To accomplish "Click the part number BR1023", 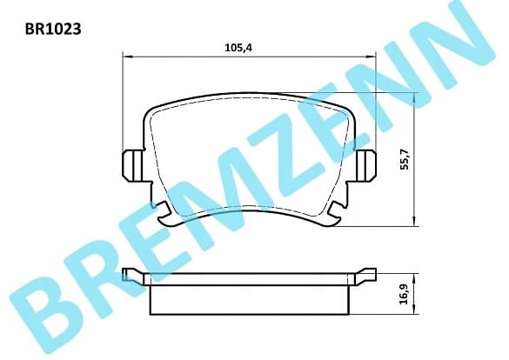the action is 53,30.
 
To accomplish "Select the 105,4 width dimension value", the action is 238,48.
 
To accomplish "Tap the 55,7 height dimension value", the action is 405,158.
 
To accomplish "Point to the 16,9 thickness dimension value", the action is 404,294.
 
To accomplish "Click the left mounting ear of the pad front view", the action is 133,165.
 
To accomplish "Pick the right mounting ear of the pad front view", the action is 365,165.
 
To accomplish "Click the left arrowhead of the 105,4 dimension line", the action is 128,57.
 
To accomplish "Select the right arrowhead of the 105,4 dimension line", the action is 371,57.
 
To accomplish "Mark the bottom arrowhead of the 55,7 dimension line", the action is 414,221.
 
